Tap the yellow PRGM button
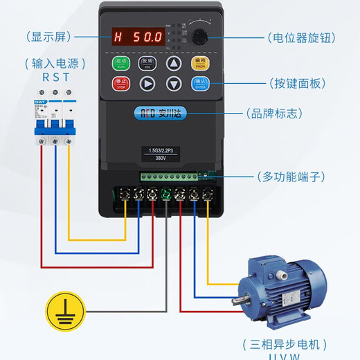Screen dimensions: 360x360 point(199,64)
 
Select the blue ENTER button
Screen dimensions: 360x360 point(199,84)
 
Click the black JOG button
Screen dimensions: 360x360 point(147,64)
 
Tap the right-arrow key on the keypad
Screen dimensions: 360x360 point(147,84)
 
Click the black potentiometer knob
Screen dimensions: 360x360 point(201,35)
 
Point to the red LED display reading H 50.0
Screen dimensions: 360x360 point(140,35)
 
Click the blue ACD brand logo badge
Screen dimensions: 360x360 point(160,112)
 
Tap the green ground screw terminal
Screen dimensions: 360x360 point(166,195)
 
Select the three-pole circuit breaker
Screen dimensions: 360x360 point(53,114)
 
